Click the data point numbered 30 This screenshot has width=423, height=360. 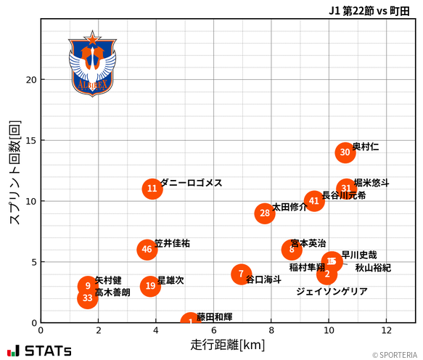(345, 152)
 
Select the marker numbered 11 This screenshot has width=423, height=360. (152, 189)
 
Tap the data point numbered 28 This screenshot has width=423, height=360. (265, 213)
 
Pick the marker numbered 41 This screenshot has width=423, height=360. (313, 200)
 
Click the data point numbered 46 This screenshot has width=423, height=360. (147, 250)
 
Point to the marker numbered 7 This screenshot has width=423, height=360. (241, 274)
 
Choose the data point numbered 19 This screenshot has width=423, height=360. (149, 286)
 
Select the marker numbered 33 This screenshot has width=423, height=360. (87, 298)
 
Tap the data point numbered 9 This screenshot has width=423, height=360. (87, 286)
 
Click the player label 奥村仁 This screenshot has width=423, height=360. (365, 147)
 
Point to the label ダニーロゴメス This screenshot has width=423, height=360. (191, 183)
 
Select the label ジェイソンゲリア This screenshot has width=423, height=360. (332, 291)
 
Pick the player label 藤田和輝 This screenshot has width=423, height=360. (214, 316)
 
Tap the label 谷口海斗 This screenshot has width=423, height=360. (263, 279)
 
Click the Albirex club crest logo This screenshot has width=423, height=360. (92, 64)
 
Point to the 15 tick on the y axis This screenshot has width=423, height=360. (29, 140)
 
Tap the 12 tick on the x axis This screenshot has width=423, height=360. (386, 330)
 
